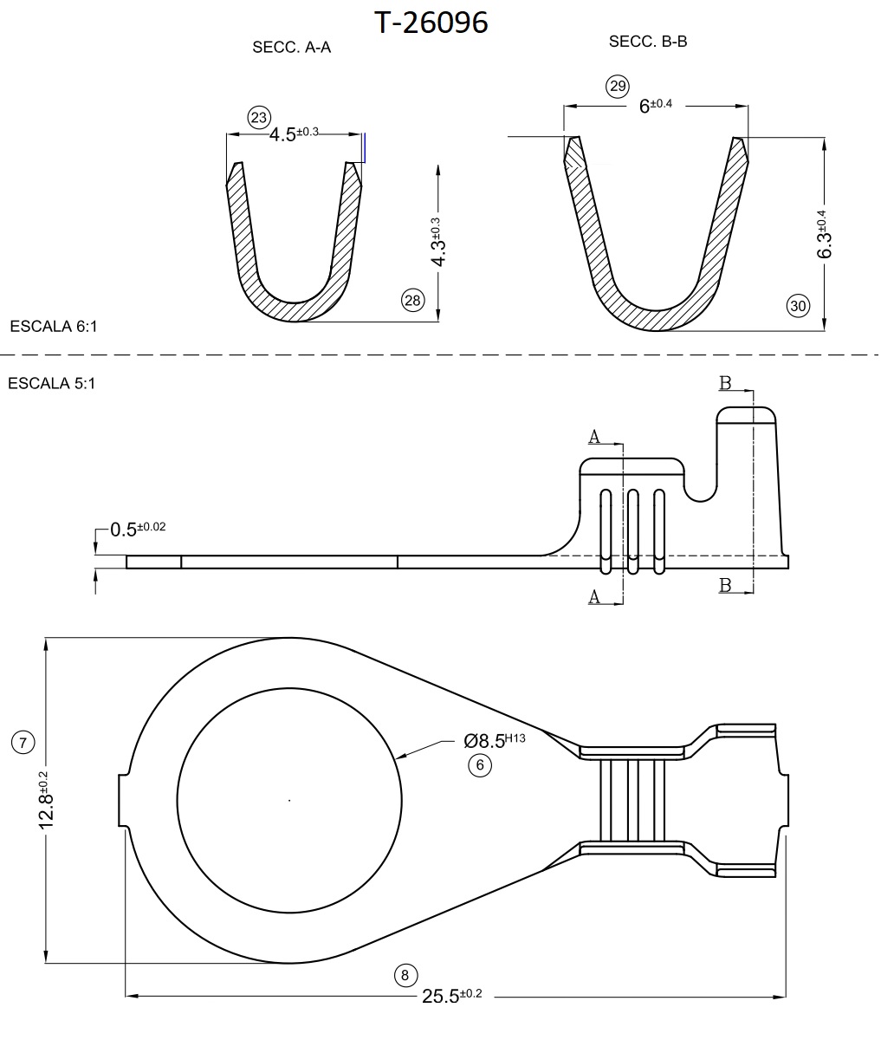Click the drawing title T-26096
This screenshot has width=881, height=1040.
(431, 23)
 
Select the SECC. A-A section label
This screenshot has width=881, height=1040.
(291, 48)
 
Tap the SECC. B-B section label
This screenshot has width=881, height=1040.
(648, 41)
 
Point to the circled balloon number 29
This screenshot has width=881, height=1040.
(617, 86)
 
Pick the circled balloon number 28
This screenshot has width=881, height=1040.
(411, 300)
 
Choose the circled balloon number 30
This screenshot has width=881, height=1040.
(798, 305)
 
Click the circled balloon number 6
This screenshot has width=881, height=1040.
(480, 764)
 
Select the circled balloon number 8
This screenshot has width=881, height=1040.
(405, 975)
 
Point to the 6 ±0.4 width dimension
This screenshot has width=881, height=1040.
(655, 106)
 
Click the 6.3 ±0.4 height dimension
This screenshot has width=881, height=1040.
(824, 234)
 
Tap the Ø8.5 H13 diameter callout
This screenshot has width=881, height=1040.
(495, 740)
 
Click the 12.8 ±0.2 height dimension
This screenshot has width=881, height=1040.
(45, 799)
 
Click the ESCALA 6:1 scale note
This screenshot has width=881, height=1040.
(53, 327)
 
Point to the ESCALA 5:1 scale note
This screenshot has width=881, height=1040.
(51, 383)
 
